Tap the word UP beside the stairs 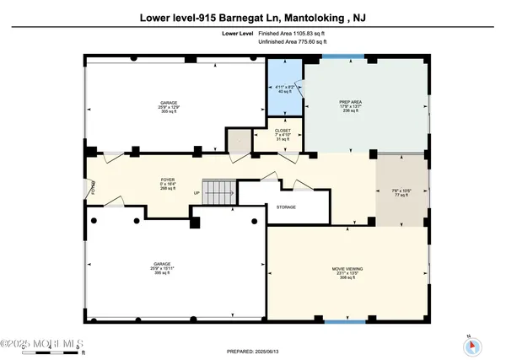(196, 192)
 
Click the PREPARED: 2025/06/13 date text (252, 351)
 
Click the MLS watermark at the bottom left (38, 344)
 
